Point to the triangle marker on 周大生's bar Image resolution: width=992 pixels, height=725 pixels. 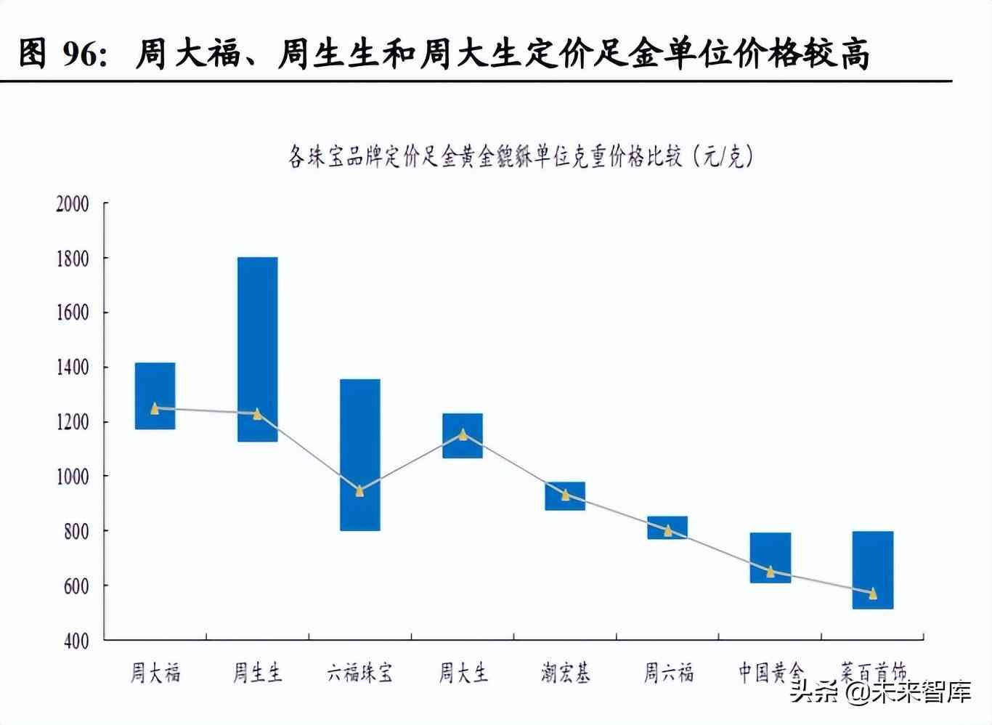click(x=463, y=434)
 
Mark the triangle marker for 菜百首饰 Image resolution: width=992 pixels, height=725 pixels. click(x=872, y=594)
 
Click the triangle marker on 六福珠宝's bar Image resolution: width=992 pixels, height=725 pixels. click(x=359, y=491)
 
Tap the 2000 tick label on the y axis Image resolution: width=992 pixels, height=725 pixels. click(x=73, y=203)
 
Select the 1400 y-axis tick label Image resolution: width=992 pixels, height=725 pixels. click(x=73, y=368)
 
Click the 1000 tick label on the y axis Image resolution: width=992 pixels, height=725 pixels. click(x=73, y=477)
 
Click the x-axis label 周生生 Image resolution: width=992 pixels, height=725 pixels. click(x=257, y=673)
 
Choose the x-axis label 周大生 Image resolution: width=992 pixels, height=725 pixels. click(x=463, y=673)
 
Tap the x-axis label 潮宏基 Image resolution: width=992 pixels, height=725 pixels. click(x=565, y=673)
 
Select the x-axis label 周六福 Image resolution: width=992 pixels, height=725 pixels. click(x=668, y=673)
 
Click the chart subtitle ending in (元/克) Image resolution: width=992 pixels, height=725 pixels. click(x=520, y=155)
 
